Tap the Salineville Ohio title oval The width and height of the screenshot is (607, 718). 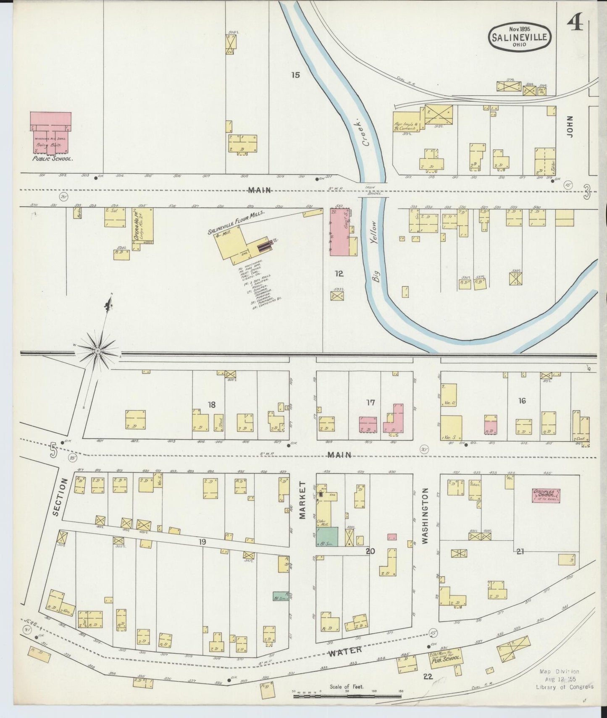[520, 37]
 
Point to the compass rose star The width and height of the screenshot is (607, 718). [97, 349]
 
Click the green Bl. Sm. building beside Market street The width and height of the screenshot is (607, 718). [327, 537]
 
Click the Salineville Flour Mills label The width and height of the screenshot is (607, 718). [236, 223]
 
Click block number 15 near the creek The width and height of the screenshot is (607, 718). [296, 75]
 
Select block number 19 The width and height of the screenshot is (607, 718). [203, 542]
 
